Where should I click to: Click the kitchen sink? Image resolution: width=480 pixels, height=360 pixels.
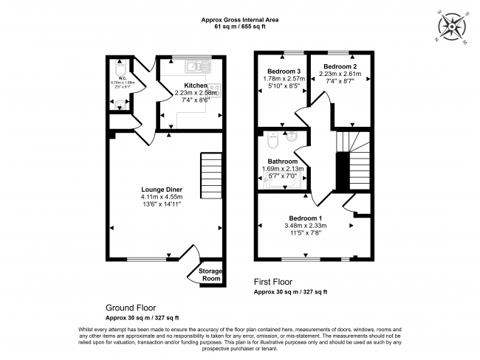(199, 66)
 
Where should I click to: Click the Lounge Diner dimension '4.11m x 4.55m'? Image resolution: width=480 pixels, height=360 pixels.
(162, 197)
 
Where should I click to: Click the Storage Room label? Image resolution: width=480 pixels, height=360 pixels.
(211, 275)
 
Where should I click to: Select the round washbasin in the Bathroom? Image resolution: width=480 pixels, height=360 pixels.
(292, 136)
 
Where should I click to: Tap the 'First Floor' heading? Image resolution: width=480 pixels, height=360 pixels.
(273, 282)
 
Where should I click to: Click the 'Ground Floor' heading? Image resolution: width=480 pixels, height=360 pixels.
(131, 308)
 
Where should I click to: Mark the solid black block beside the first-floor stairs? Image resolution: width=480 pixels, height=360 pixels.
(343, 170)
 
